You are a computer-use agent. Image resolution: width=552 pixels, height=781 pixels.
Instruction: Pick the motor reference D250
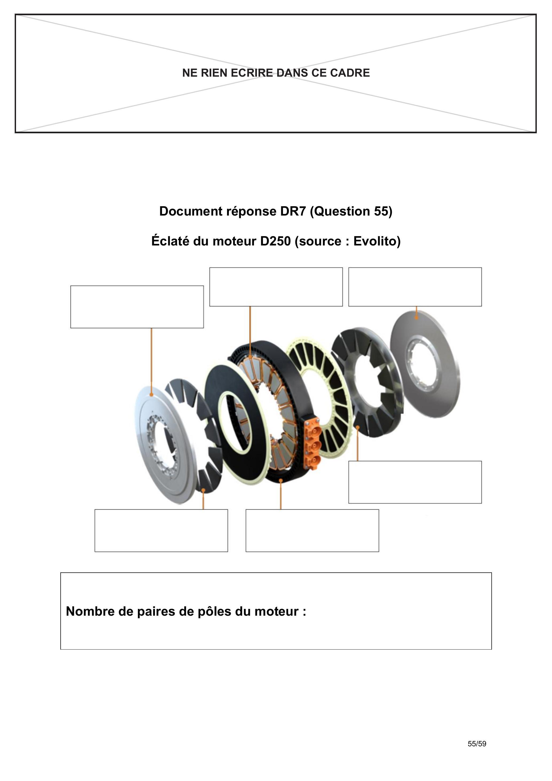pyautogui.click(x=276, y=241)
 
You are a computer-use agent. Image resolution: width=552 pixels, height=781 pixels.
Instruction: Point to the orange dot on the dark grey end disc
pyautogui.click(x=416, y=318)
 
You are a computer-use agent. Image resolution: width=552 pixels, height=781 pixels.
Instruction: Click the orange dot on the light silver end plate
pyautogui.click(x=151, y=394)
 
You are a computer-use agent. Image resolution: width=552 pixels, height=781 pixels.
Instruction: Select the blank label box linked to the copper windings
pyautogui.click(x=276, y=287)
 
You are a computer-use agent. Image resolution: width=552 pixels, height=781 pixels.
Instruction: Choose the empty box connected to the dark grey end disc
pyautogui.click(x=415, y=287)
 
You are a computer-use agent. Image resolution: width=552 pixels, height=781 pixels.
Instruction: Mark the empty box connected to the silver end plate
pyautogui.click(x=137, y=307)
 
